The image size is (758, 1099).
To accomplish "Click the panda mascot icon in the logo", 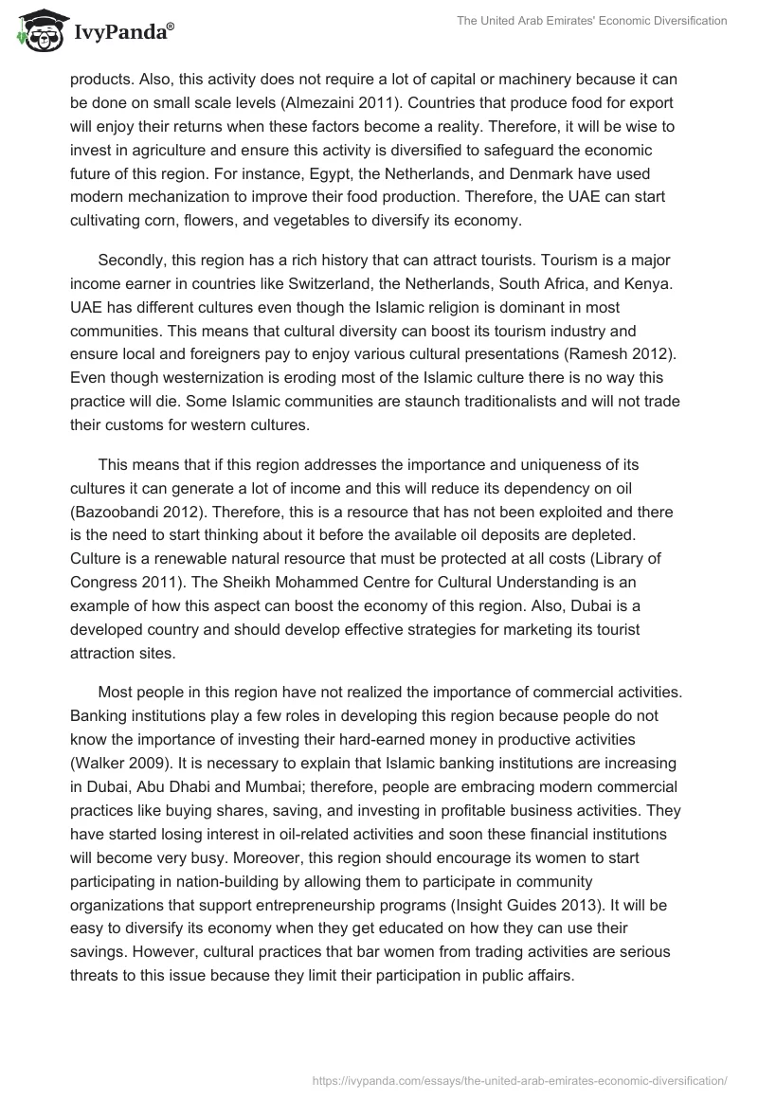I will coord(36,32).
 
